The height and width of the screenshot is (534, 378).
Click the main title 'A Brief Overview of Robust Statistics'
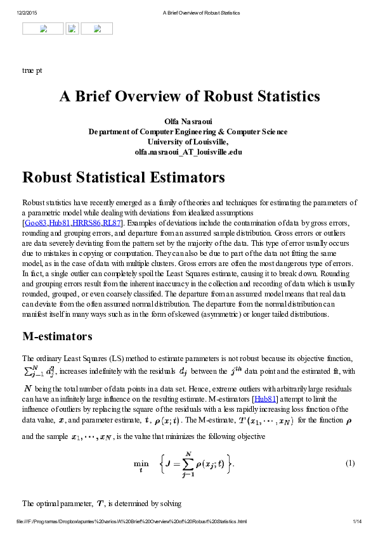point(189,96)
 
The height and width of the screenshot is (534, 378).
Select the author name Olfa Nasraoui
point(189,121)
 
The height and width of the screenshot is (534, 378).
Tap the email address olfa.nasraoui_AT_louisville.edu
point(189,152)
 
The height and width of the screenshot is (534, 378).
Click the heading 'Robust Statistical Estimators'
point(123,177)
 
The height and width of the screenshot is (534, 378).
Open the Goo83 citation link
point(35,223)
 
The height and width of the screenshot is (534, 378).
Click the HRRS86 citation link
point(88,223)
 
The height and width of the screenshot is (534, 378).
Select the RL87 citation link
point(113,223)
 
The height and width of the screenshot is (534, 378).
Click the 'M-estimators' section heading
point(57,335)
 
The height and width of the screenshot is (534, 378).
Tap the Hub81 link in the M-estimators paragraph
point(264,399)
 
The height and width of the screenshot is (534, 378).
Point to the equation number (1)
point(349,462)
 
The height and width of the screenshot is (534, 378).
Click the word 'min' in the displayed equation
point(141,463)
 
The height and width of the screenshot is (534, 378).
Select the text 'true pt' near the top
point(32,70)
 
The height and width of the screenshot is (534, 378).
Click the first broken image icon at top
point(43,29)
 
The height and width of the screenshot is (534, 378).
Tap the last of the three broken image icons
point(97,29)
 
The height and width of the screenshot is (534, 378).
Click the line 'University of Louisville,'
point(189,142)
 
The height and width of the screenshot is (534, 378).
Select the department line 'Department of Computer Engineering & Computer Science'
point(189,132)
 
